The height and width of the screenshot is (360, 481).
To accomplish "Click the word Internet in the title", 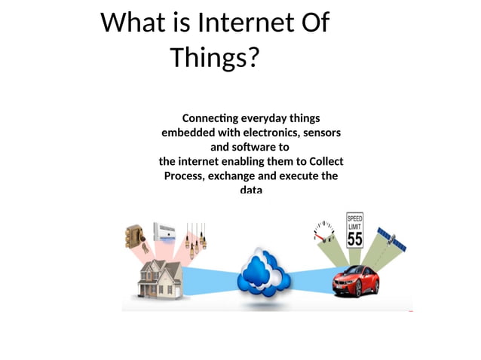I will pyautogui.click(x=245, y=23).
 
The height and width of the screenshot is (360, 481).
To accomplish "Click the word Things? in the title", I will pyautogui.click(x=214, y=57).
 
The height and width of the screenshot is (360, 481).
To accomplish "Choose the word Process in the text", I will pyautogui.click(x=185, y=175).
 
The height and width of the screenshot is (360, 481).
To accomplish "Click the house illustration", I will pyautogui.click(x=158, y=279).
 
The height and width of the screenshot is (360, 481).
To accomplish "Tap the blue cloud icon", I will pyautogui.click(x=263, y=276).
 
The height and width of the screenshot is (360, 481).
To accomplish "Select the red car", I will pyautogui.click(x=356, y=280).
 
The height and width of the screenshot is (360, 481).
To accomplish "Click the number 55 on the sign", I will pyautogui.click(x=355, y=238).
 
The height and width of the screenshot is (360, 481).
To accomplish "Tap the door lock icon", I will pyautogui.click(x=136, y=236).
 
